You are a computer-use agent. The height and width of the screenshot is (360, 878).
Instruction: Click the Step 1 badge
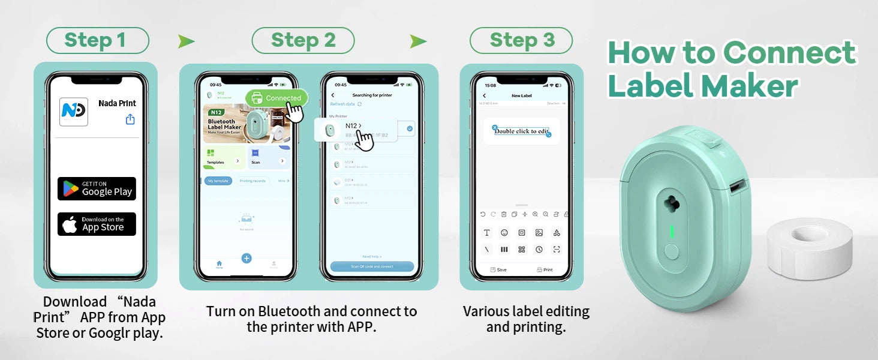click(x=97, y=41)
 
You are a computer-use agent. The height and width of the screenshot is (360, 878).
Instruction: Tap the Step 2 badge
click(x=303, y=41)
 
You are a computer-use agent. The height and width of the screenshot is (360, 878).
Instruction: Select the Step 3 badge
click(x=521, y=41)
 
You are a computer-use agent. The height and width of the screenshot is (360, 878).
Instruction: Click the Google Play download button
click(x=97, y=188)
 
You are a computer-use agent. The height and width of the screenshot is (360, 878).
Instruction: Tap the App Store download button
click(x=97, y=224)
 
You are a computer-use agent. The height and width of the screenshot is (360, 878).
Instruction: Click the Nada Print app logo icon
click(x=74, y=112)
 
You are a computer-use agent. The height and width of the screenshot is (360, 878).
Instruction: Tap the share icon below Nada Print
click(x=130, y=119)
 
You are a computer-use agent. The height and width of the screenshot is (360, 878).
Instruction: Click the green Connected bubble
click(x=276, y=98)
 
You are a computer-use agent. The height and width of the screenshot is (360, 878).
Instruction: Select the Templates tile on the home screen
click(x=224, y=157)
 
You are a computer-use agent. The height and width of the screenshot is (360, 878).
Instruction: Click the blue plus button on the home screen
click(x=246, y=258)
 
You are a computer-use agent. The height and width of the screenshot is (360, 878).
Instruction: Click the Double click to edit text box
click(x=521, y=131)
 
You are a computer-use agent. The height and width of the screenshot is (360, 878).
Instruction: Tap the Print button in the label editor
click(x=545, y=270)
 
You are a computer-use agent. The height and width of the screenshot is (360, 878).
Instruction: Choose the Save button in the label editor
click(x=498, y=270)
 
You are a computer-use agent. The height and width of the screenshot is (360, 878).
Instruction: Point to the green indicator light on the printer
click(x=672, y=232)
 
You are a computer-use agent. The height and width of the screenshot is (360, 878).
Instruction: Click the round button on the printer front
click(x=672, y=251)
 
